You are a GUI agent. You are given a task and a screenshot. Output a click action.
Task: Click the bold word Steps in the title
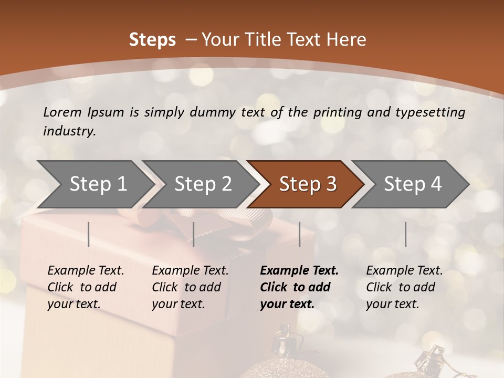(152, 40)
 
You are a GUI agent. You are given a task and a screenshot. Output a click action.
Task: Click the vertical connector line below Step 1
(89, 234)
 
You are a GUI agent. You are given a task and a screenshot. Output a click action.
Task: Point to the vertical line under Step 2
(194, 234)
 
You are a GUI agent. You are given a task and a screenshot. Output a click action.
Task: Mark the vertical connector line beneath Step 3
(299, 234)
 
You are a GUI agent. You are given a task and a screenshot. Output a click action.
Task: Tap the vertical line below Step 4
(405, 234)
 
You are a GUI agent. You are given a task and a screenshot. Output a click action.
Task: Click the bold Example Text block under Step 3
(299, 287)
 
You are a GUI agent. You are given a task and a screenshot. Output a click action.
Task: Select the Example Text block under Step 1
(86, 287)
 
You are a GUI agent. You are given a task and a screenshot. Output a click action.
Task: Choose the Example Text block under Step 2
(190, 287)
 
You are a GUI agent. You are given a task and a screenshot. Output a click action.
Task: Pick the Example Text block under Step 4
(404, 287)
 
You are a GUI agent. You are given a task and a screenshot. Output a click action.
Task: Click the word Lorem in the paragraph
(62, 112)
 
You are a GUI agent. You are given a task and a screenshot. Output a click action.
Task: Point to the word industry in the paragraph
(69, 131)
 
